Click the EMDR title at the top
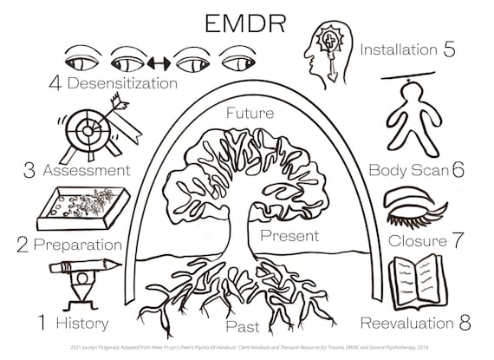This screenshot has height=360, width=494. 246,22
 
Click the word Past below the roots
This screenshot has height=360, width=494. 244,327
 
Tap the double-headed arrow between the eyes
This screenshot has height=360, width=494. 157,62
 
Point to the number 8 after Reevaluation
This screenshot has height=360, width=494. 465,324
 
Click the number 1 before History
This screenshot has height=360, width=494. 40,324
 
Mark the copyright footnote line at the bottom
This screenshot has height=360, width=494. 246,349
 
